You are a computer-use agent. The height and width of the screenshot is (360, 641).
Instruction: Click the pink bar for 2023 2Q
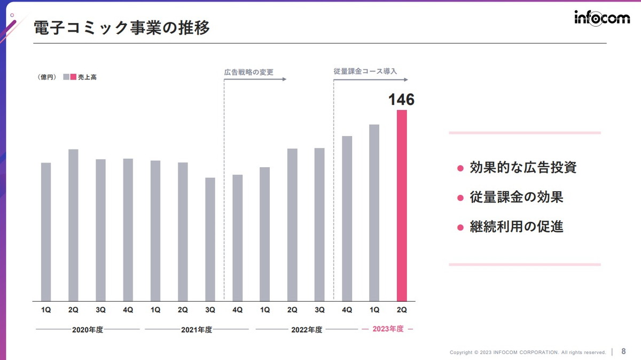(x=402, y=206)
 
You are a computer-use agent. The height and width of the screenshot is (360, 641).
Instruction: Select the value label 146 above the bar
(x=401, y=100)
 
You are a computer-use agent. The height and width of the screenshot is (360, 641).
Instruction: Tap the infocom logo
(x=602, y=18)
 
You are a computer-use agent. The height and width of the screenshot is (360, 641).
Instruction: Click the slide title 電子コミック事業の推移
(x=122, y=28)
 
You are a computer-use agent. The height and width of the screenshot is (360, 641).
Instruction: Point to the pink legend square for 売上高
(x=74, y=77)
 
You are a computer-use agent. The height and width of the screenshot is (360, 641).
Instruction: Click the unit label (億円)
(x=48, y=77)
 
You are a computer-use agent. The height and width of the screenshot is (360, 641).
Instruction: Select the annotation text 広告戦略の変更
(x=248, y=72)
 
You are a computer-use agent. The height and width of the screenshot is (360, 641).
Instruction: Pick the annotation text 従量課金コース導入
(x=365, y=71)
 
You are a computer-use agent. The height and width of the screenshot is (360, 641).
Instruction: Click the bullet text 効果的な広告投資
(x=523, y=168)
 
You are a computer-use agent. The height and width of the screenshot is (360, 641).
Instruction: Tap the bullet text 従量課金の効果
(x=516, y=197)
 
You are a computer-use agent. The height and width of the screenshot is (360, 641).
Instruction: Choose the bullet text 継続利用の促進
(x=516, y=226)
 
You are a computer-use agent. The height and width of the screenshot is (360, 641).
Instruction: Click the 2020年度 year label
(x=88, y=330)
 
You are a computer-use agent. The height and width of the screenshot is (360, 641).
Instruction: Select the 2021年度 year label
(x=197, y=330)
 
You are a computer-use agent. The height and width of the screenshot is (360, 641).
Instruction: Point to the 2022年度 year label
(x=307, y=330)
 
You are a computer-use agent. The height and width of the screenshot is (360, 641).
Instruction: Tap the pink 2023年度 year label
(x=388, y=329)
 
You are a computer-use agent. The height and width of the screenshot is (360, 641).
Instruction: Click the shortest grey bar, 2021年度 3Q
(x=210, y=239)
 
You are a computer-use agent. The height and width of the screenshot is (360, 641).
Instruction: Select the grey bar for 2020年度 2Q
(x=73, y=225)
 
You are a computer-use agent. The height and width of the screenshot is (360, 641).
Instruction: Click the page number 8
(x=623, y=351)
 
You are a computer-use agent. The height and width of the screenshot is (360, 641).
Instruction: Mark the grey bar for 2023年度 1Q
(x=374, y=213)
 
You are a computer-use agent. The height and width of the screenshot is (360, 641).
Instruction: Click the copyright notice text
(x=528, y=353)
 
